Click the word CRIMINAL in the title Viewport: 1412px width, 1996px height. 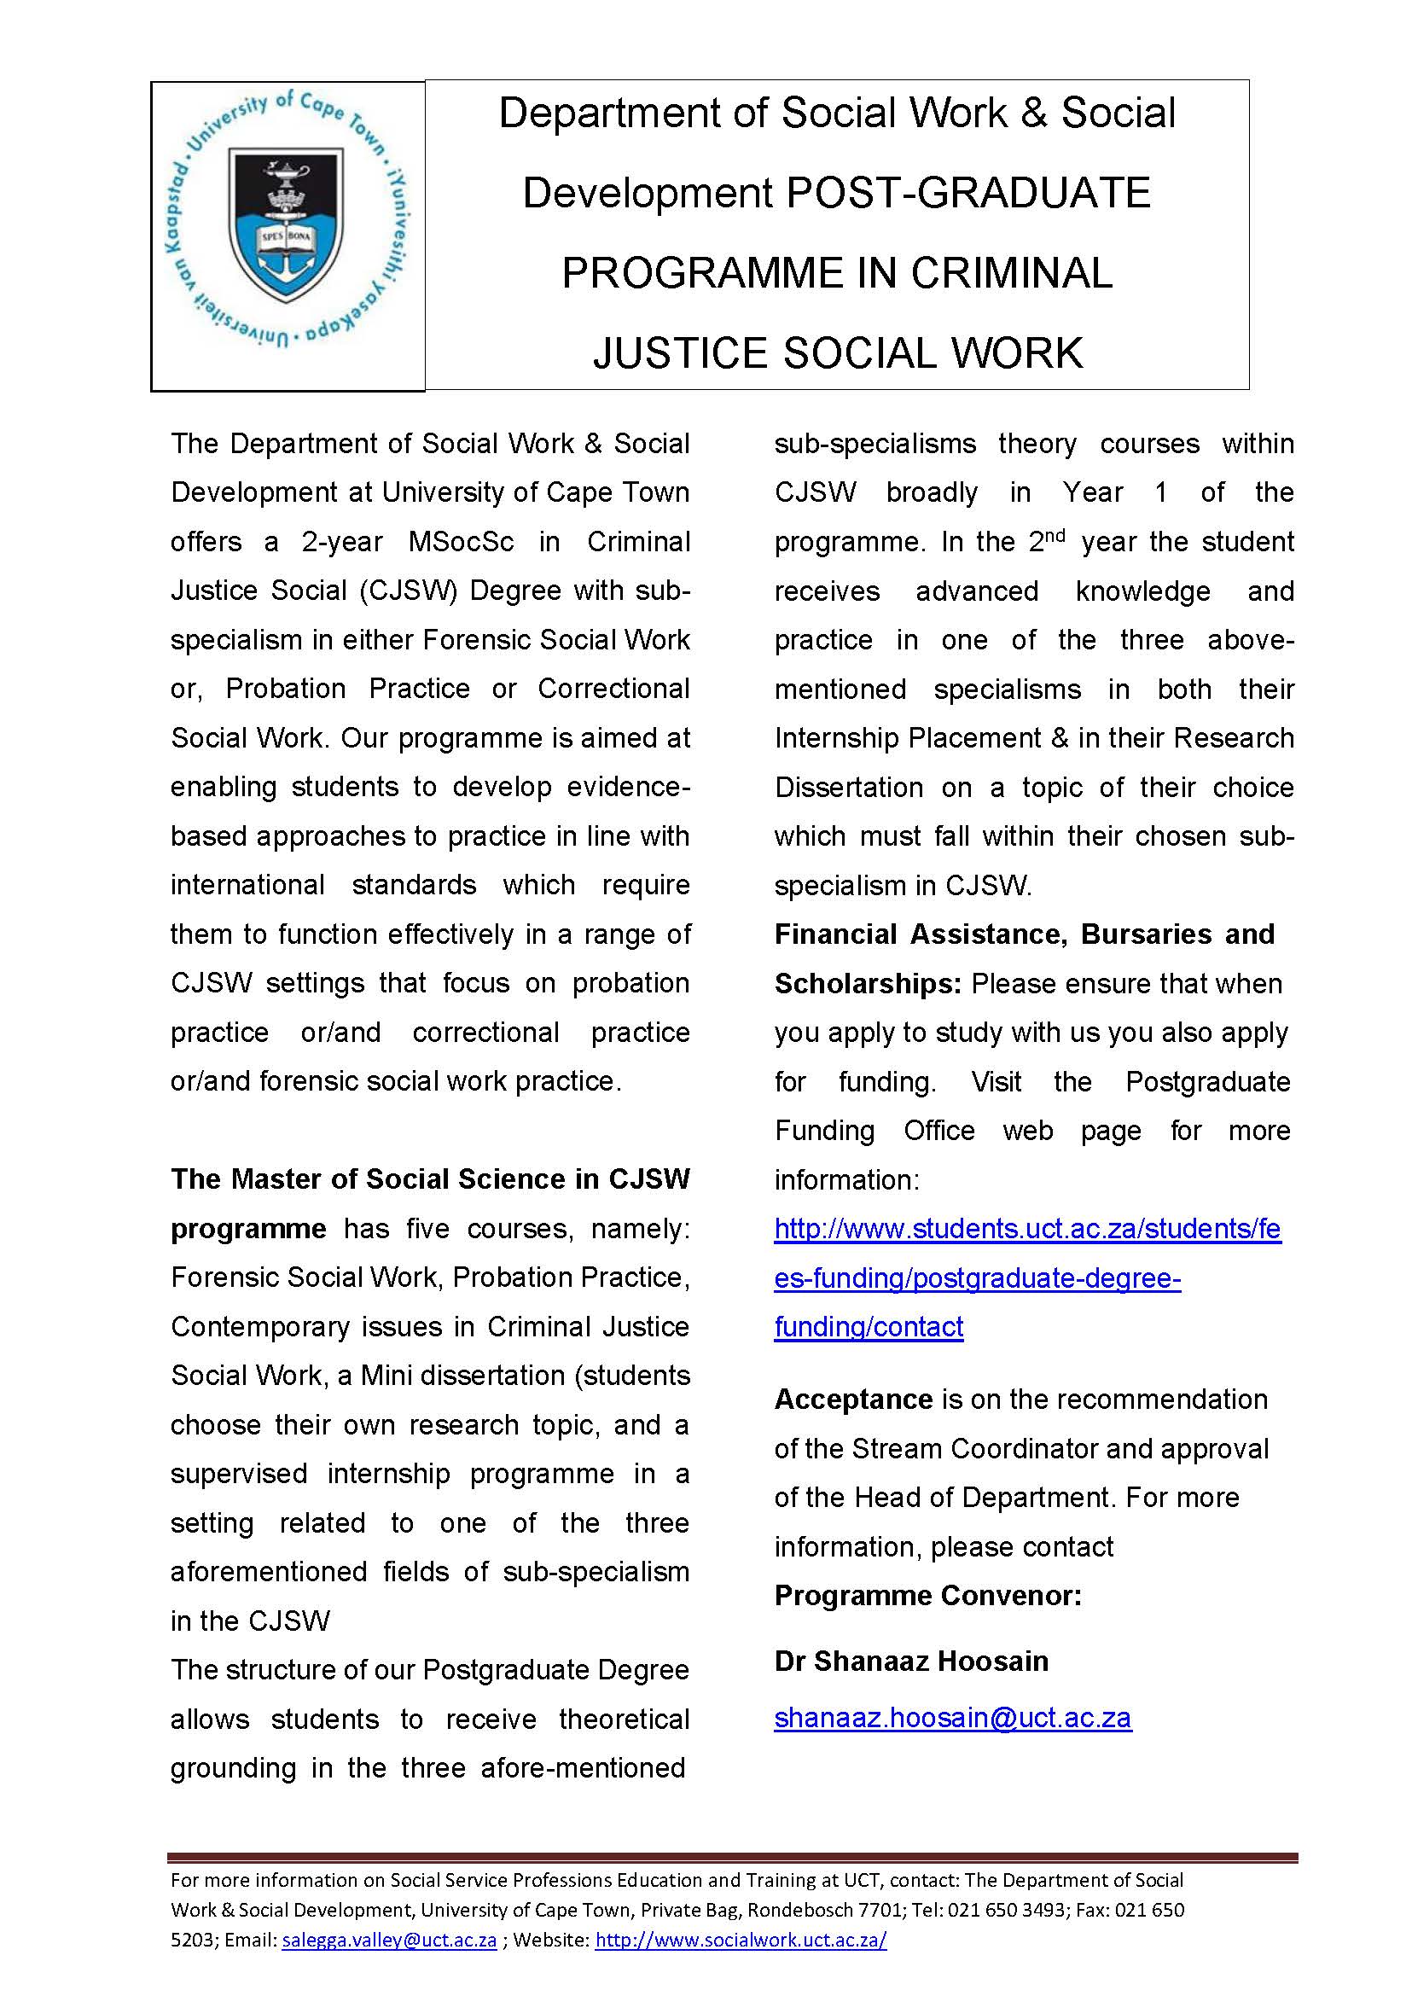click(1011, 273)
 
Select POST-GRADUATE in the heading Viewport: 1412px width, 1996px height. click(967, 193)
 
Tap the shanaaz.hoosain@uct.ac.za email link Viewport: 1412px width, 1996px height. click(952, 1718)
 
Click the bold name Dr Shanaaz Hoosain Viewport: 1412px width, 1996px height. click(910, 1661)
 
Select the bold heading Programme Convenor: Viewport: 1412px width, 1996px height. click(927, 1595)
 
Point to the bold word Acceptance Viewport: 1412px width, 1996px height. click(853, 1399)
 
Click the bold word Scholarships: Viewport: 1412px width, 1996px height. click(867, 984)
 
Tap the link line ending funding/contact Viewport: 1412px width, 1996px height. click(868, 1327)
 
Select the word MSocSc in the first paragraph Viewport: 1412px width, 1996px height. click(461, 542)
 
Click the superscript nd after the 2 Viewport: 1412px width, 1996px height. click(1055, 536)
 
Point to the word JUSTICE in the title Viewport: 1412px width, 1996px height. click(681, 354)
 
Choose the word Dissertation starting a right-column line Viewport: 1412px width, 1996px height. click(849, 787)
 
